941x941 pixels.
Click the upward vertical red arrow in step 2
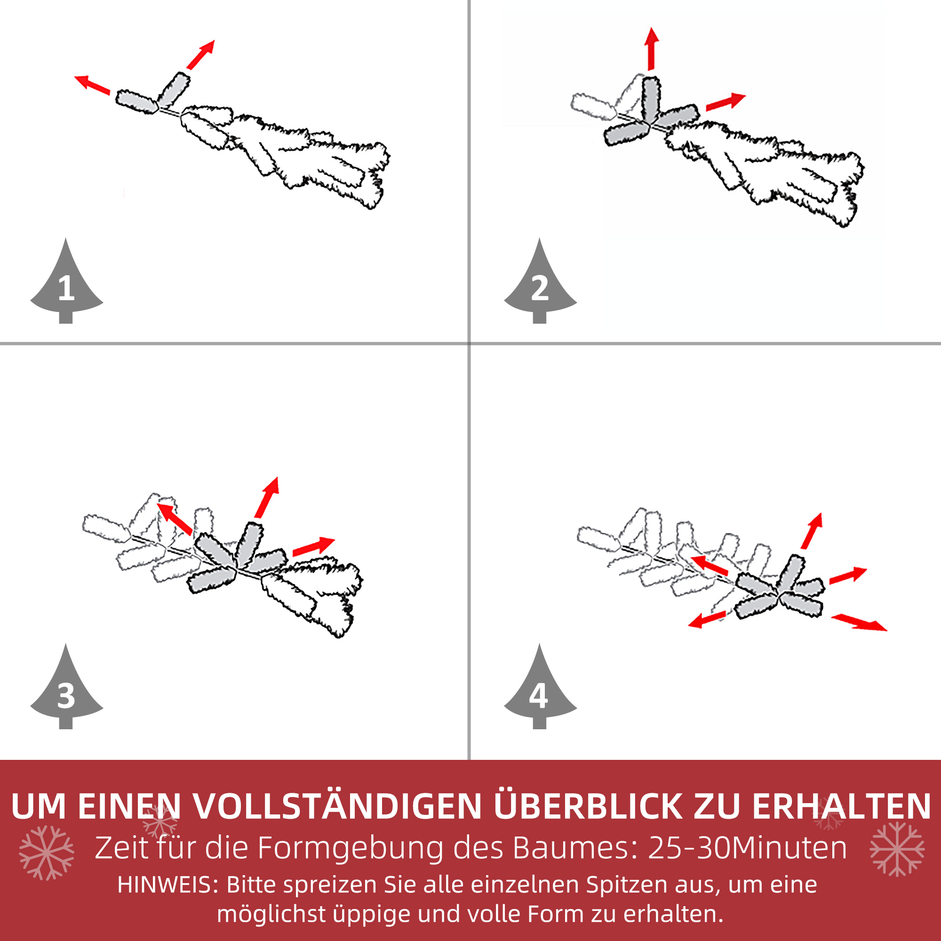(651, 49)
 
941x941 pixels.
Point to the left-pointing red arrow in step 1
(92, 84)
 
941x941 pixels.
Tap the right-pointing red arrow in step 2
(725, 101)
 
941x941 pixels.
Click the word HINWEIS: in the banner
(168, 885)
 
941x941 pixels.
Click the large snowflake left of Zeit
(46, 853)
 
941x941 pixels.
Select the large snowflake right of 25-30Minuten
(897, 849)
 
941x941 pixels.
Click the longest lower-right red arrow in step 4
(858, 622)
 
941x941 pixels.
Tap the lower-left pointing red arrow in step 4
(708, 620)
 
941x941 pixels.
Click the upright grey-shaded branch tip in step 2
(651, 100)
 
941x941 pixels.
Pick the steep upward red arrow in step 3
(266, 498)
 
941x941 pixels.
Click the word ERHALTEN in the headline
(841, 807)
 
